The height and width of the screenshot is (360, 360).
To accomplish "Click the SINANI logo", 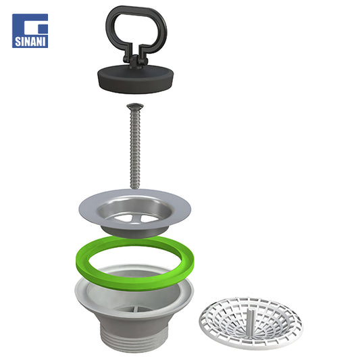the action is [30, 31].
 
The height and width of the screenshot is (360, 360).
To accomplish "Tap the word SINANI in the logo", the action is [30, 42].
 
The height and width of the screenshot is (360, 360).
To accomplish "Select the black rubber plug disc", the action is [136, 79].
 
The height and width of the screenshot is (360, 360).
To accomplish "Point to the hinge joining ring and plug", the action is [135, 60].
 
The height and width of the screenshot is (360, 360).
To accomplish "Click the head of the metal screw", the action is [135, 106].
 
